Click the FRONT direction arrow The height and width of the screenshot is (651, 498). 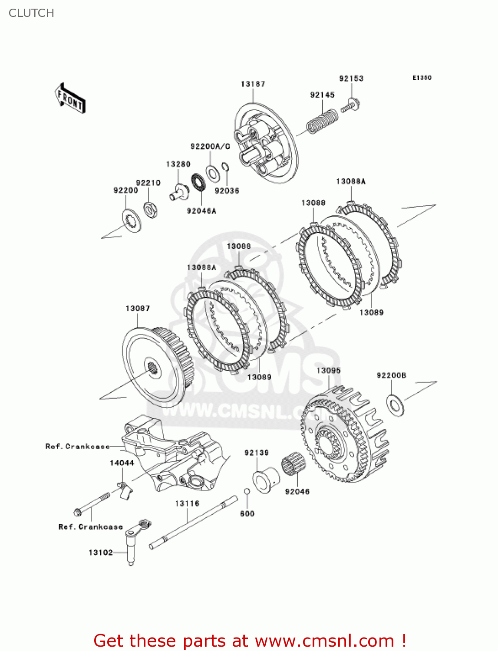[70, 99]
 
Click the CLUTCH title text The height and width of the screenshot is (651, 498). [31, 13]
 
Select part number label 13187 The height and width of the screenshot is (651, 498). [253, 84]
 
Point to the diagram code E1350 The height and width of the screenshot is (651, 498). [422, 78]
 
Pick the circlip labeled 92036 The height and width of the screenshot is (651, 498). [225, 168]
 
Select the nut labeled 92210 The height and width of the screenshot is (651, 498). [150, 210]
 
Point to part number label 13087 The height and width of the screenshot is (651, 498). [138, 309]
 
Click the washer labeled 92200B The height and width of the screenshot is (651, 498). [395, 405]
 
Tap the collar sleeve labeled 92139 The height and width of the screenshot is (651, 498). [266, 479]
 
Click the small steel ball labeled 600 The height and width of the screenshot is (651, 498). [247, 491]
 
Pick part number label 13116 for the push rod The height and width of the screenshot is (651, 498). [187, 503]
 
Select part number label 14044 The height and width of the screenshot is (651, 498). [122, 463]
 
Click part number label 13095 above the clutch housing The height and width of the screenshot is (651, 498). [328, 371]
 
